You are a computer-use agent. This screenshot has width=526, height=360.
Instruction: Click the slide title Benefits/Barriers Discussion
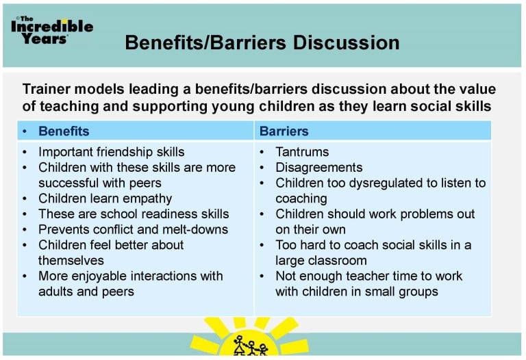click(262, 42)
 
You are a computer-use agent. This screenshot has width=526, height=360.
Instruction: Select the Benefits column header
click(64, 131)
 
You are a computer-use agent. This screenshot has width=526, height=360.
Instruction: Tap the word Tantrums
click(302, 152)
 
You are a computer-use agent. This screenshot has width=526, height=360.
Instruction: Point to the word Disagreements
click(318, 168)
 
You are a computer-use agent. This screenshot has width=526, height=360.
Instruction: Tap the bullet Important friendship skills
click(111, 152)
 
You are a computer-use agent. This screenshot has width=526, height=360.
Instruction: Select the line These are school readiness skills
click(134, 214)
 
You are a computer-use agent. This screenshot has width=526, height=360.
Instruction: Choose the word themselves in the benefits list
click(71, 260)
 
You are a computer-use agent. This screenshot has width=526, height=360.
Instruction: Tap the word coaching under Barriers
click(301, 198)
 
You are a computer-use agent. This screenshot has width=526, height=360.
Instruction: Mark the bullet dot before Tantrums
click(264, 152)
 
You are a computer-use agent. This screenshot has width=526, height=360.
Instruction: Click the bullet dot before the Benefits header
click(26, 131)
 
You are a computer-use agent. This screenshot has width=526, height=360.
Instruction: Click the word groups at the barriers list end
click(418, 291)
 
